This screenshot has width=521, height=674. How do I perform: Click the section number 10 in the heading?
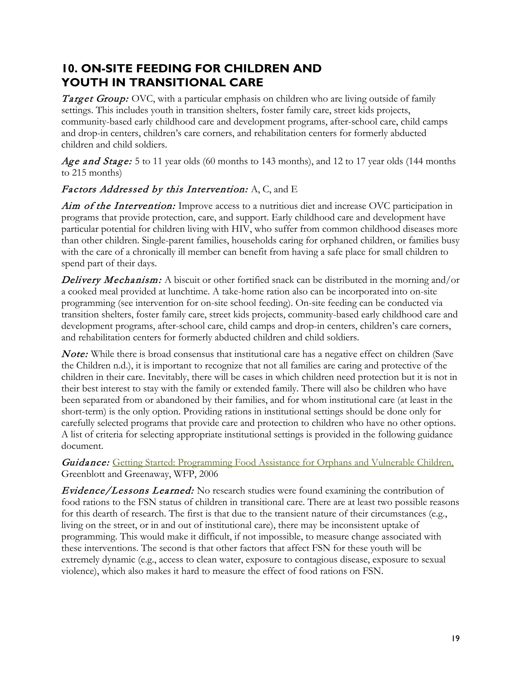(x=68, y=68)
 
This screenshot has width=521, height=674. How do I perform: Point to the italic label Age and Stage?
(x=97, y=162)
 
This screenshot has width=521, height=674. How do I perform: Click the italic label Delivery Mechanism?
(x=111, y=280)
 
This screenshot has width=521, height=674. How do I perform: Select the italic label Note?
(x=75, y=354)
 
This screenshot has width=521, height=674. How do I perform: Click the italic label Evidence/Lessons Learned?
(x=127, y=491)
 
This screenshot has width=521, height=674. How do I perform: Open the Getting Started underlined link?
(x=283, y=463)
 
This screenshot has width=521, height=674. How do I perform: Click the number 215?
(x=79, y=173)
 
